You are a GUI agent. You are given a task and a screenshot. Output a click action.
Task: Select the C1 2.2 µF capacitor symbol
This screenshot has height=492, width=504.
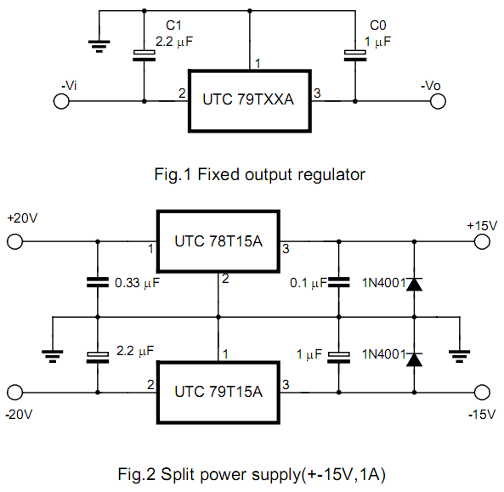(x=144, y=55)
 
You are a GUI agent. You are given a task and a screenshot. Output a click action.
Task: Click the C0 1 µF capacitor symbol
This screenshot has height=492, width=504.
(x=355, y=55)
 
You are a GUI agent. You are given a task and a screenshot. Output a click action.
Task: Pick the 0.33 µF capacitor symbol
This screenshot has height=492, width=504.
(x=98, y=282)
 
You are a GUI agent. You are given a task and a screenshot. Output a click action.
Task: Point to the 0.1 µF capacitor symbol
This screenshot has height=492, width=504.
(x=339, y=282)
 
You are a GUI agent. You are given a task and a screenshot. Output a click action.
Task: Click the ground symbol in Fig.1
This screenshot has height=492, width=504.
(x=99, y=46)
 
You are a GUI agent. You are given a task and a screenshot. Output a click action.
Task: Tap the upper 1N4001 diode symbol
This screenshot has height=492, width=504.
(x=414, y=284)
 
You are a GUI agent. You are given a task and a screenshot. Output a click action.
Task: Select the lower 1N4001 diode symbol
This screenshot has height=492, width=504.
(x=414, y=359)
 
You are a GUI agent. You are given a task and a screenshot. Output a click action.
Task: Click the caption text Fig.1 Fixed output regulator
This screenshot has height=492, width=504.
(x=260, y=175)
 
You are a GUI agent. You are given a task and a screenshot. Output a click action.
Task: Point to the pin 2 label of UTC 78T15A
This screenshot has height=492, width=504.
(x=225, y=279)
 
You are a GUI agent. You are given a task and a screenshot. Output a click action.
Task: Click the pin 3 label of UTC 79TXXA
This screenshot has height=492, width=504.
(x=317, y=93)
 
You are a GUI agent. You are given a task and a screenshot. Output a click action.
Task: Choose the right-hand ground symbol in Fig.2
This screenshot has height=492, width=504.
(x=459, y=356)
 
